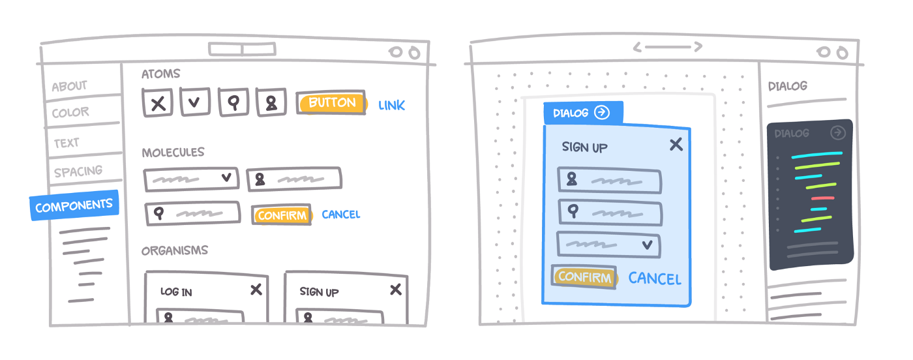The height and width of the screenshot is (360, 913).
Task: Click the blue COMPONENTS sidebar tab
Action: pos(74,207)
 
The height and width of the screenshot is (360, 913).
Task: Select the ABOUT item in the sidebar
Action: pos(69,86)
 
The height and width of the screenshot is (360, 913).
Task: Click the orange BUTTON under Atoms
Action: pos(331,102)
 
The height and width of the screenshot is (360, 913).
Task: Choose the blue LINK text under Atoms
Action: pos(391,105)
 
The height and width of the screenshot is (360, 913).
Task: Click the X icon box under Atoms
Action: pos(157,103)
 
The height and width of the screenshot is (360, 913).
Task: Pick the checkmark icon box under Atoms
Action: pos(195,102)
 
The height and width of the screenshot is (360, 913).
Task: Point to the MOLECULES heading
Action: pos(173,153)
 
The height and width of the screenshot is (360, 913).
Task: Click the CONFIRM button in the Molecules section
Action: pos(281,215)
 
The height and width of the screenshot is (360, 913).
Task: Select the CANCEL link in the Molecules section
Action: pos(340,215)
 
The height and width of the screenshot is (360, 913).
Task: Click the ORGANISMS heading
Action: pos(175,250)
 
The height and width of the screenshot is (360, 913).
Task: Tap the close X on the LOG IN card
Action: pos(256,290)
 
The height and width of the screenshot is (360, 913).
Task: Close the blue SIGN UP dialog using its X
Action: pos(676,144)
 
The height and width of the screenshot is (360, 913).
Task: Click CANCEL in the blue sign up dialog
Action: pos(654,279)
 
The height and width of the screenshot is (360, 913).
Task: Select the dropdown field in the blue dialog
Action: pos(608,245)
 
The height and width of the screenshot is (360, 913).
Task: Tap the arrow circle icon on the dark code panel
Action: pos(838,133)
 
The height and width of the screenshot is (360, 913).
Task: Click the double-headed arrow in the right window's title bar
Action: pos(667,47)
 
